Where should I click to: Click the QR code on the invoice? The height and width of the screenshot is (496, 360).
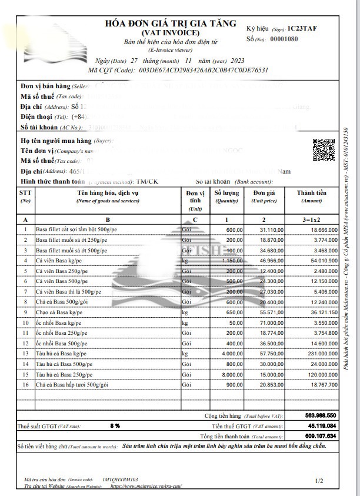323,149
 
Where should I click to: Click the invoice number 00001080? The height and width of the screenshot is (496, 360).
284,39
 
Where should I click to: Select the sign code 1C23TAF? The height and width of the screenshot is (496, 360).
302,28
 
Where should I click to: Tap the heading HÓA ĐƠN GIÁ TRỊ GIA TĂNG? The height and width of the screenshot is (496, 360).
171,24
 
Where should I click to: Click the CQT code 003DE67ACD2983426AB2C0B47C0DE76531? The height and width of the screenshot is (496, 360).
204,69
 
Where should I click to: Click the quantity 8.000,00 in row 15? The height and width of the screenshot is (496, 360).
231,374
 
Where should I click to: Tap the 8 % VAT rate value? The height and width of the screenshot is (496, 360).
115,425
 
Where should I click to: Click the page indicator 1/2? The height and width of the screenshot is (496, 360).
319,481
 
